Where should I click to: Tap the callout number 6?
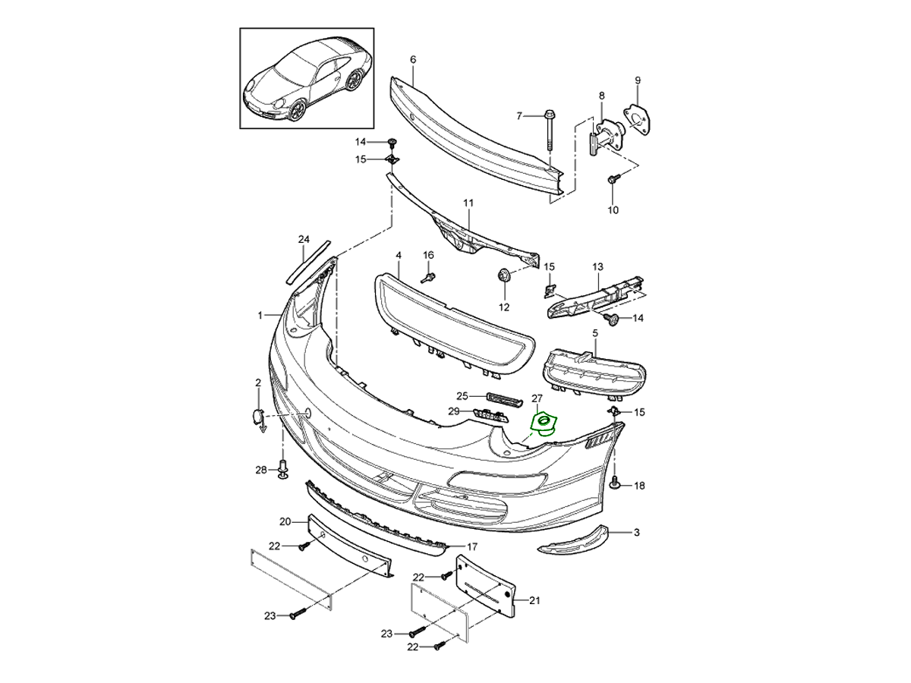[413, 59]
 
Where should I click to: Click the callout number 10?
[613, 209]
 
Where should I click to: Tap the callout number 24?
[304, 240]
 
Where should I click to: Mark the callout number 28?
[260, 471]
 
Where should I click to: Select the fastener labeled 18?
[616, 482]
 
